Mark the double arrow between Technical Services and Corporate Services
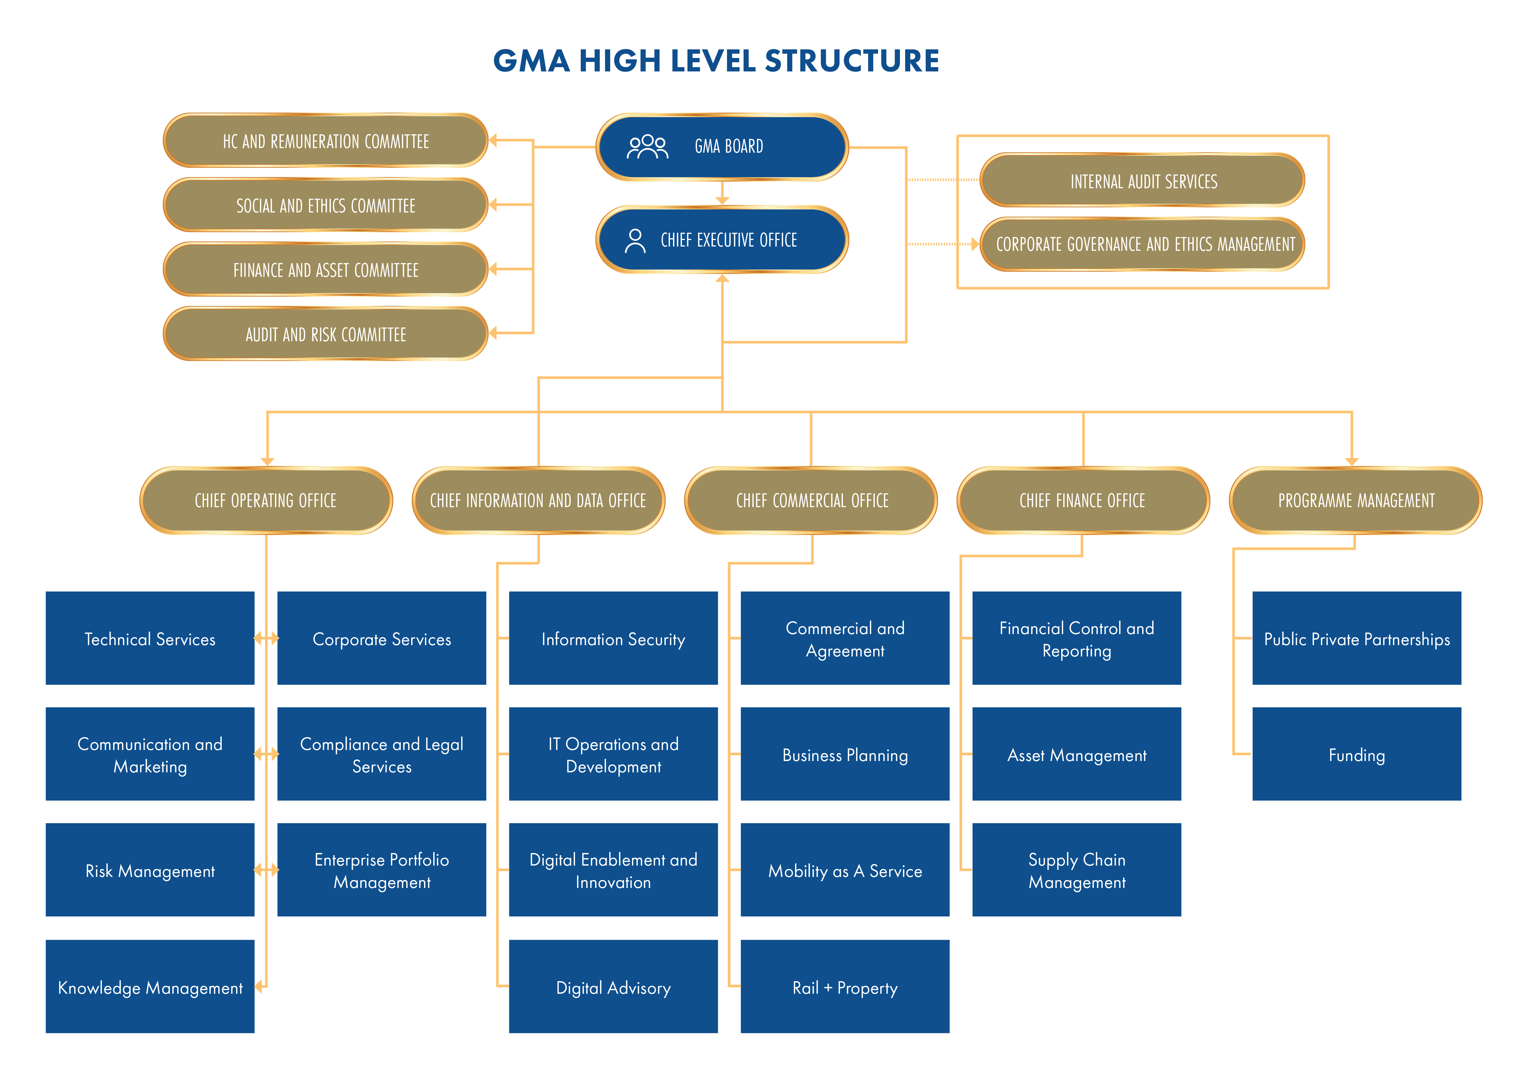(266, 638)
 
